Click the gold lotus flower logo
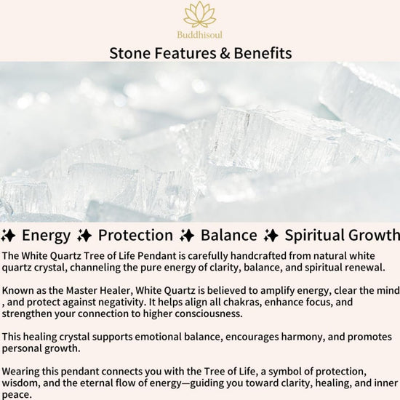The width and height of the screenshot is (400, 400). coord(200,15)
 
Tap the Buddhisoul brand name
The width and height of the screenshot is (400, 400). coord(200,35)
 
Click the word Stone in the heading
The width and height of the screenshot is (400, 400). coord(130,53)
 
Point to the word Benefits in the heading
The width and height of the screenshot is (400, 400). coord(263,53)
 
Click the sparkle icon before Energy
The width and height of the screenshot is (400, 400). coord(8,236)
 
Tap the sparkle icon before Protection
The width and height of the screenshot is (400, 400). coord(84,236)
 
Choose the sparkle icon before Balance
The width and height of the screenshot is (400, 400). coord(187,236)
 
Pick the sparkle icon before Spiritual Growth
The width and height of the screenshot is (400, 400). coord(271,236)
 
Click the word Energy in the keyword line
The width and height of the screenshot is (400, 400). coord(46,236)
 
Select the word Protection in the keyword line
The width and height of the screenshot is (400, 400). coord(136,235)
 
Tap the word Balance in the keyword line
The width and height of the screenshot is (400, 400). coord(229,235)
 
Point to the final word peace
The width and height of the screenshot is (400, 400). coord(17,395)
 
